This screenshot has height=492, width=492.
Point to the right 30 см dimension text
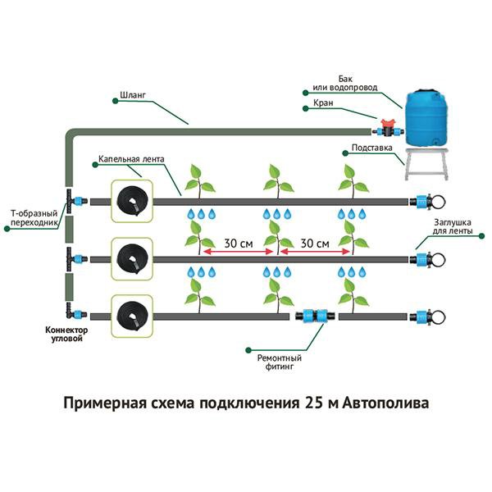[x=315, y=244]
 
